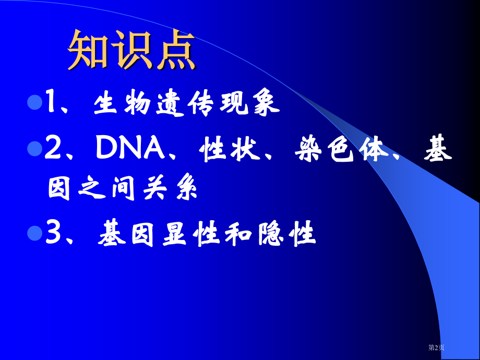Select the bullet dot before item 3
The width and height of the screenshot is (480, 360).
(34, 233)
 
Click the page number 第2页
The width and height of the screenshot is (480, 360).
(437, 347)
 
